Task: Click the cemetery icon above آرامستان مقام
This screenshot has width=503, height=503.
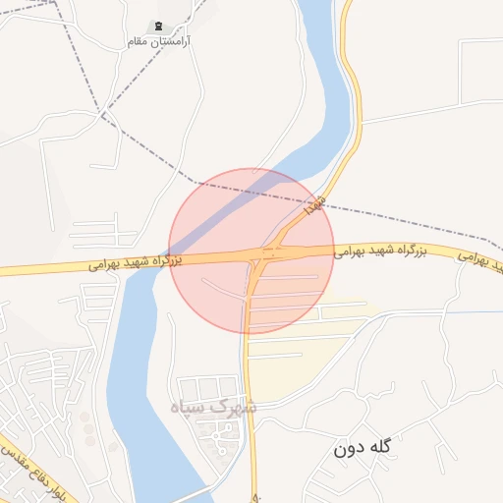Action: coord(158,26)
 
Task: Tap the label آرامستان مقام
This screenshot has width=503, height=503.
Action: coord(158,42)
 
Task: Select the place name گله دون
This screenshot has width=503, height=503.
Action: coord(362,448)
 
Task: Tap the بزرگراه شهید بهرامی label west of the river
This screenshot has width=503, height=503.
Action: coord(134,263)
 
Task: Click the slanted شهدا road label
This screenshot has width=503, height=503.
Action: coord(311,205)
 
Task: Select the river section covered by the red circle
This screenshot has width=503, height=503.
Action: coord(211,221)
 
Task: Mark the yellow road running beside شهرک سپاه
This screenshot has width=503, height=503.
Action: coord(251,413)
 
